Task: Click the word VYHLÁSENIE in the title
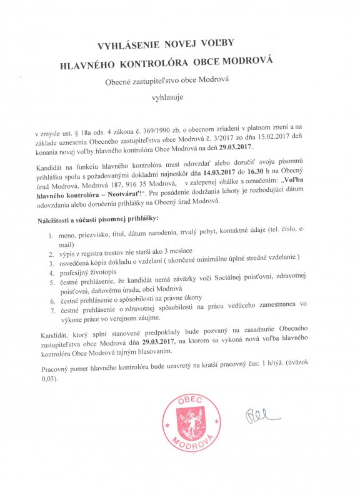point(127,45)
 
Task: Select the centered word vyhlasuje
point(168,97)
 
